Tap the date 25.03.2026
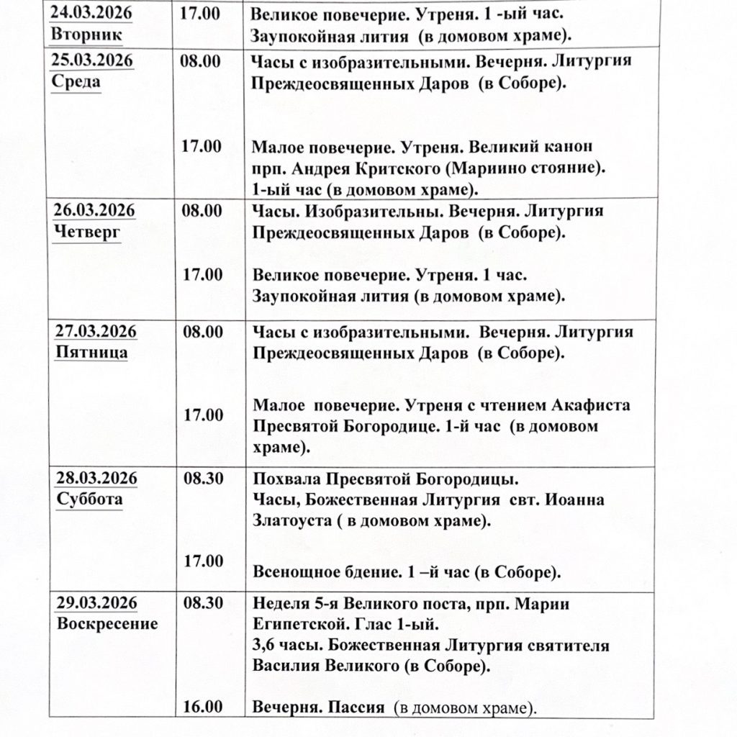pos(92,60)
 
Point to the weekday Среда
pos(76,81)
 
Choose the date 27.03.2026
pos(96,333)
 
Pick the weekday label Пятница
pos(92,353)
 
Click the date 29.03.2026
pos(96,603)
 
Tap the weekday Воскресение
pos(107,623)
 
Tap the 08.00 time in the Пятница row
pos(202,333)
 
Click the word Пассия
pos(353,707)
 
